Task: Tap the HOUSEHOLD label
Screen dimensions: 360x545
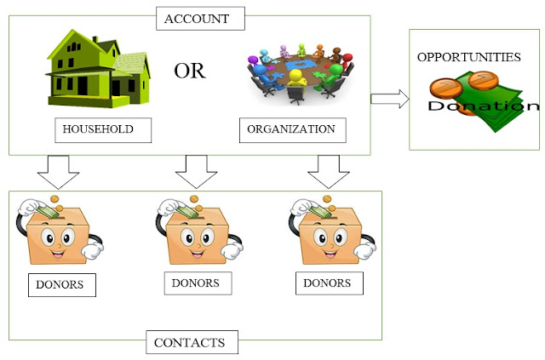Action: [x=101, y=130]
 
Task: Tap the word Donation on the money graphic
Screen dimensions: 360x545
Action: [x=483, y=106]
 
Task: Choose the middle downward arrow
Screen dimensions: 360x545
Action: [x=197, y=172]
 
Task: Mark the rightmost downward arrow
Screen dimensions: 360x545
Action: [x=329, y=172]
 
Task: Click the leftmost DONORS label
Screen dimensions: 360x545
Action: [x=60, y=284]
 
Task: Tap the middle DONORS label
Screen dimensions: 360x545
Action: [x=195, y=283]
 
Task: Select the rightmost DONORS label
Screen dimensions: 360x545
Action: [x=329, y=283]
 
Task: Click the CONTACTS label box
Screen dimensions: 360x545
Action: [x=189, y=343]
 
